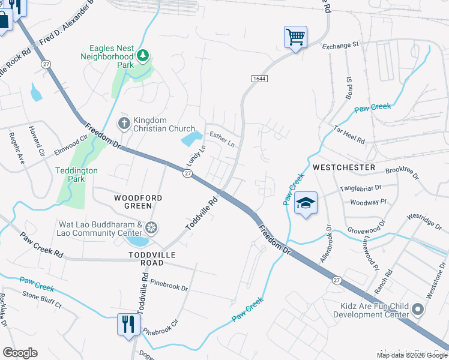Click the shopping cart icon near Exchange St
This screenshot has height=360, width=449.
[x=295, y=37]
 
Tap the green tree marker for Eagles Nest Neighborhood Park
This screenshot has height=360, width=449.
[x=143, y=56]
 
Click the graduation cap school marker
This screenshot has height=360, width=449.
[x=306, y=203]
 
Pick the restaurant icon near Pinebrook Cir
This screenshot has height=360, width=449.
[x=128, y=325]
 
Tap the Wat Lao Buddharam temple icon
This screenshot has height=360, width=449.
[x=151, y=228]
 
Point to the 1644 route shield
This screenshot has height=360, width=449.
[x=259, y=79]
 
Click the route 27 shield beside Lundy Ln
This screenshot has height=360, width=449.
[x=188, y=173]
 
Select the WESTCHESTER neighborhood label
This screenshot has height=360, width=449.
[x=343, y=167]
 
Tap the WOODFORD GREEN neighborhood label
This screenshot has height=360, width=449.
[x=133, y=201]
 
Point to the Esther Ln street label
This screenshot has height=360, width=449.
[x=221, y=139]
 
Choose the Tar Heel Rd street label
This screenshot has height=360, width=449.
[x=351, y=134]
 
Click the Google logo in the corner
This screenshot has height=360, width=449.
[x=20, y=353]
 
